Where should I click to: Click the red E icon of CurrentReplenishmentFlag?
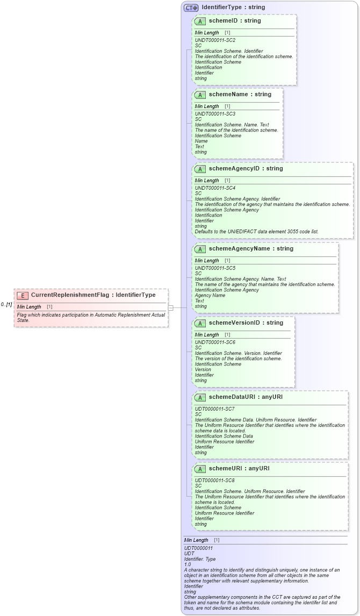click(23, 295)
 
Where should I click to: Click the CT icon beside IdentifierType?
click(191, 8)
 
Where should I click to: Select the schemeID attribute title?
click(234, 21)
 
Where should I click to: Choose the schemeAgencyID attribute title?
click(246, 169)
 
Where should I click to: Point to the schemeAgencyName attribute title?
click(251, 249)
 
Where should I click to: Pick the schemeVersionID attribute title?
click(246, 323)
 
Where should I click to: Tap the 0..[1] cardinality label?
click(6, 304)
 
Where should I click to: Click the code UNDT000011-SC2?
click(215, 40)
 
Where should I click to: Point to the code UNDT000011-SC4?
click(215, 188)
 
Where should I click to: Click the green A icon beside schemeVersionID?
click(200, 323)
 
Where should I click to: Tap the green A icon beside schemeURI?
click(200, 469)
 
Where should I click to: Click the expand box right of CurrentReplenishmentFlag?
click(171, 308)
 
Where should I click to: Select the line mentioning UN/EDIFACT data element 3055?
click(256, 232)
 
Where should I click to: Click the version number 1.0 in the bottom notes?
click(188, 564)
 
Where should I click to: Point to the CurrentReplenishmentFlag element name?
click(93, 295)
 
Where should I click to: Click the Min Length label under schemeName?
click(207, 106)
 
